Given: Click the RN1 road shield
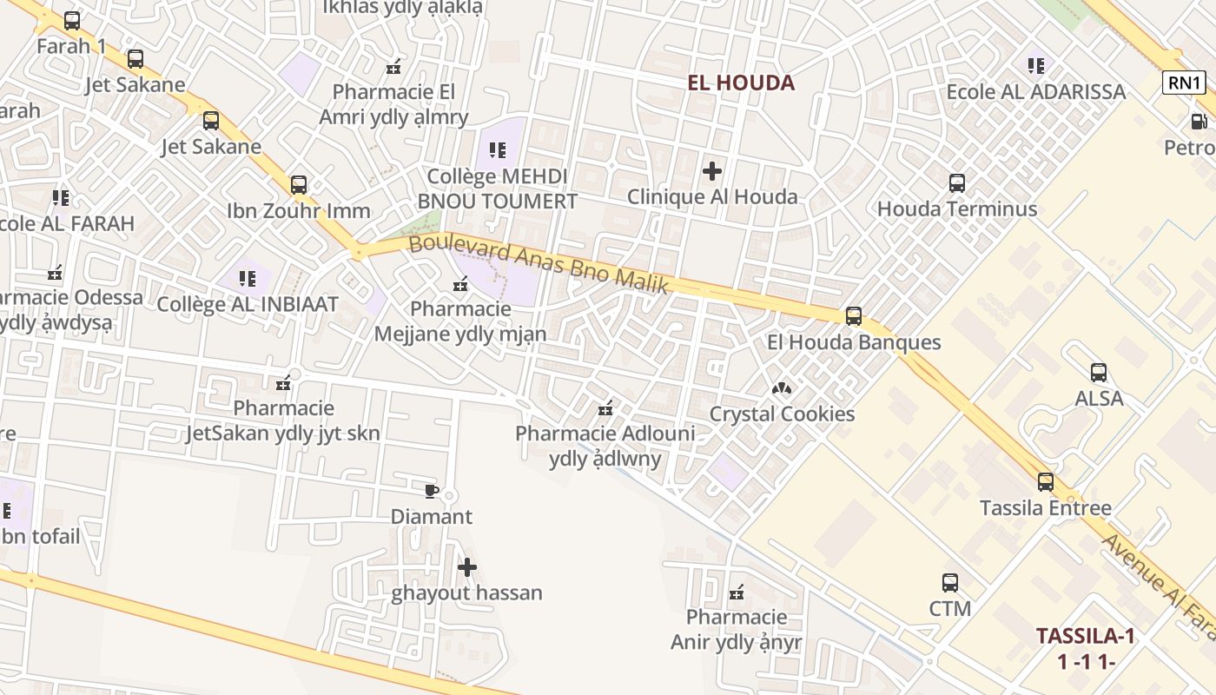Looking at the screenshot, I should [1185, 83].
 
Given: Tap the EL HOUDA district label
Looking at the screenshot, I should [741, 83].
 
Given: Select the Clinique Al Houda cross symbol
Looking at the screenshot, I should [712, 170].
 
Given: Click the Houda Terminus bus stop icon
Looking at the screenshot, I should [957, 183].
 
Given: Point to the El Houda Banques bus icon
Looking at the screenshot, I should [854, 315].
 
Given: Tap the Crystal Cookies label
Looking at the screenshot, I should [782, 414].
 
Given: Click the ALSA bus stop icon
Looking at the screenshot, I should [1099, 373].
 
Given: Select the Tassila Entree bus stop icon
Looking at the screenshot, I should [1046, 481].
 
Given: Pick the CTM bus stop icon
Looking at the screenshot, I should [950, 582].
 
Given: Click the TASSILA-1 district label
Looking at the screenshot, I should [1085, 636].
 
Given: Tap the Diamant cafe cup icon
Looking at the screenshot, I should [431, 491].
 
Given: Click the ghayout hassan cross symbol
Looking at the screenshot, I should [467, 567].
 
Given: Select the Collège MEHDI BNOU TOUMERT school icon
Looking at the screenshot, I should [498, 150].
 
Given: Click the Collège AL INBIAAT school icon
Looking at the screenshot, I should [248, 279].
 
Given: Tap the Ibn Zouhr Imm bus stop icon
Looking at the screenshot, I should [299, 184].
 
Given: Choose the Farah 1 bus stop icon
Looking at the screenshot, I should [72, 20].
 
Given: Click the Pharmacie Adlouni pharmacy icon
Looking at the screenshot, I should [605, 408].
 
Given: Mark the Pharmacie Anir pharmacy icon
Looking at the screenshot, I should [737, 593].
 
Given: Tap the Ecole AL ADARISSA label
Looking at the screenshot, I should [1035, 91].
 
